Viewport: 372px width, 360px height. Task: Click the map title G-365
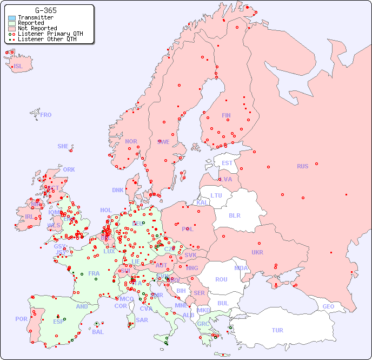click(45, 10)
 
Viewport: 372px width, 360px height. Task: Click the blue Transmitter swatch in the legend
click(12, 17)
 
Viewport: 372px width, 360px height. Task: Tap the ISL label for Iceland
click(18, 67)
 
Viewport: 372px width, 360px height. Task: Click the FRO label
click(46, 115)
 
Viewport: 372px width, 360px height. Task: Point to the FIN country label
click(226, 115)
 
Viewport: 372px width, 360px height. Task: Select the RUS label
click(302, 166)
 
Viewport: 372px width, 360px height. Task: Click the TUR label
click(277, 330)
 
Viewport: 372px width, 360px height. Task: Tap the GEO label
click(328, 306)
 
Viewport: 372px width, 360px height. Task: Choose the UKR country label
click(257, 252)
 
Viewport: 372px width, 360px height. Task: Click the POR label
click(21, 319)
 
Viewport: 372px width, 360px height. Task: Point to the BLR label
click(234, 215)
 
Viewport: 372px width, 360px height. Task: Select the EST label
click(227, 163)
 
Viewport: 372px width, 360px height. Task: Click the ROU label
click(221, 279)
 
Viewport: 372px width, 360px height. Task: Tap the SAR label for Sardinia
click(142, 320)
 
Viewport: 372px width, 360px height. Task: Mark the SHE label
click(63, 146)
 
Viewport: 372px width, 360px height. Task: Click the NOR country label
click(131, 141)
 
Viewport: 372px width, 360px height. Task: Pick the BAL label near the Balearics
click(97, 332)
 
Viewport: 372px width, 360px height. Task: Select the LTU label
click(216, 195)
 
